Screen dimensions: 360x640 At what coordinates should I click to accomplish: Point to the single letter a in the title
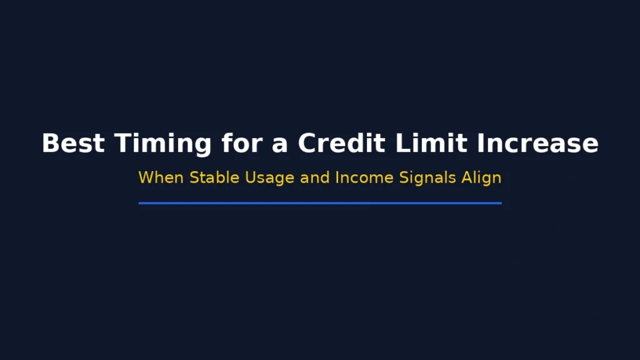(279, 143)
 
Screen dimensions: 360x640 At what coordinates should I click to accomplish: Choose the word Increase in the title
(537, 143)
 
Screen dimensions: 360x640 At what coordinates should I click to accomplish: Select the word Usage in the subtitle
(269, 177)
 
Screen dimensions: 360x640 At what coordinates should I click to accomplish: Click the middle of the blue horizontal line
(320, 203)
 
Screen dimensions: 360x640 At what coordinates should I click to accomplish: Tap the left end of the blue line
(140, 203)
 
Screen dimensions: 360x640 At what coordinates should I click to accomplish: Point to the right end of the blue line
(500, 203)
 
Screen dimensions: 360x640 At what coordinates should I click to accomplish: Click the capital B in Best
(49, 143)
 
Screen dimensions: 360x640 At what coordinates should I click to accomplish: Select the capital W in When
(146, 177)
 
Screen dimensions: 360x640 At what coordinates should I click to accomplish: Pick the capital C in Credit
(307, 143)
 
